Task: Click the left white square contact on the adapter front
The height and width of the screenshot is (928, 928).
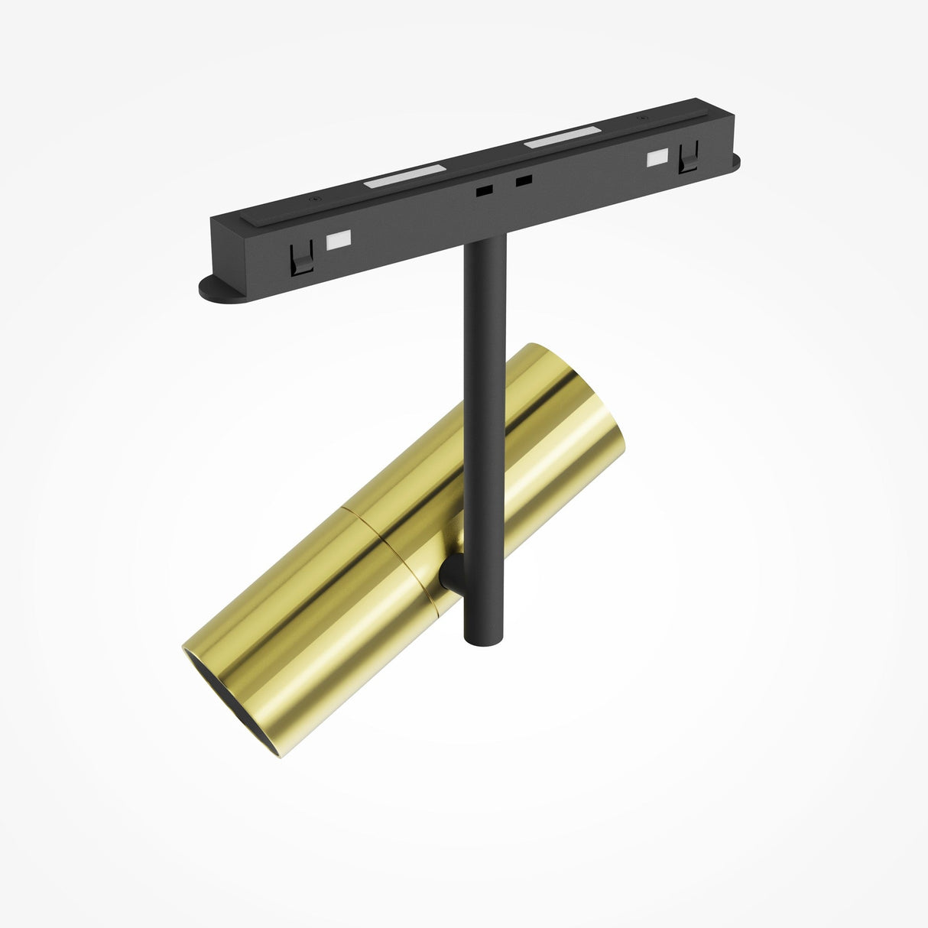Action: pos(337,239)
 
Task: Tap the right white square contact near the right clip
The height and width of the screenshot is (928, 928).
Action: pos(655,158)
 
